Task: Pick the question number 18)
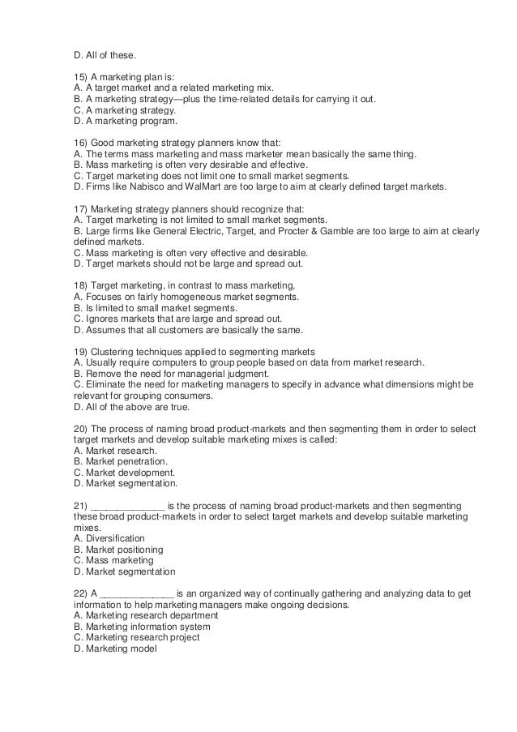(80, 286)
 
